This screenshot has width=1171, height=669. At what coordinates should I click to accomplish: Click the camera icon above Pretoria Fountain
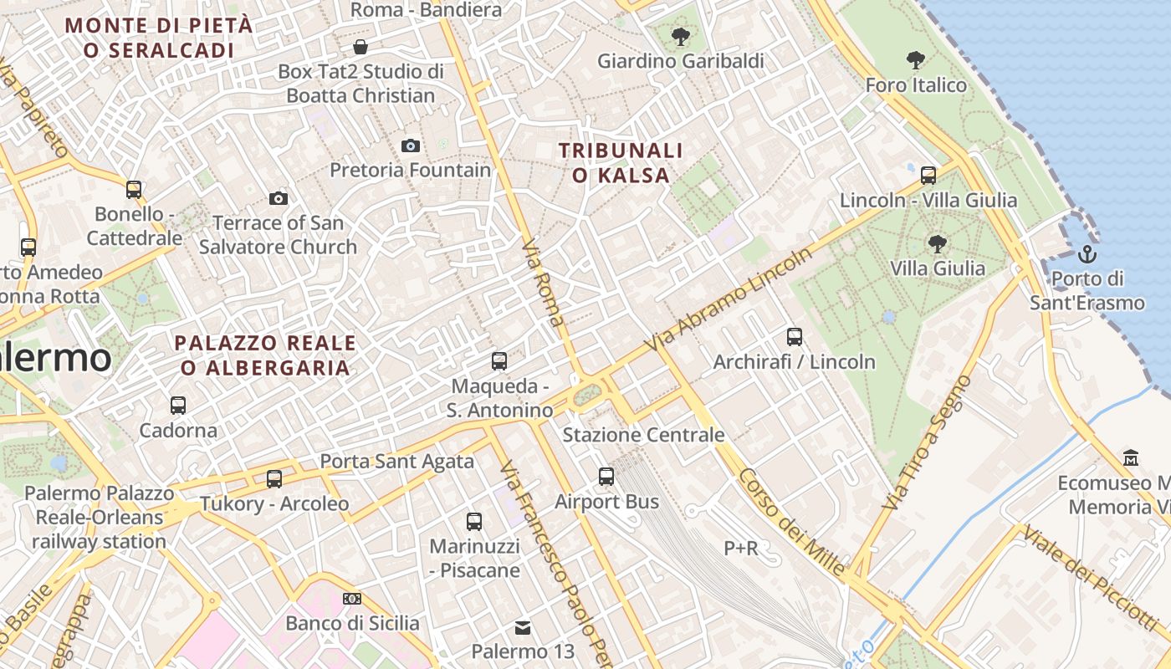pos(410,146)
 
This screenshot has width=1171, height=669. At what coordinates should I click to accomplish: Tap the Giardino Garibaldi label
pos(681,61)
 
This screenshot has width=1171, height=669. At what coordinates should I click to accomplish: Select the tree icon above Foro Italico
pos(915,60)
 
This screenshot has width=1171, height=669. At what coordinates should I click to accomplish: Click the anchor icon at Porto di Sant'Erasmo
pos(1087,253)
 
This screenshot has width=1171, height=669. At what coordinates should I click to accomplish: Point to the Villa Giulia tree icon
pos(937,243)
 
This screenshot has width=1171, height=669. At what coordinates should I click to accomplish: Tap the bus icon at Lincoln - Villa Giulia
pos(928,176)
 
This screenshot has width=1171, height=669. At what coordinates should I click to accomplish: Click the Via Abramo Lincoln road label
pos(730,299)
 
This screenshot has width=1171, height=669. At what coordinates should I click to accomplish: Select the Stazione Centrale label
pos(643,435)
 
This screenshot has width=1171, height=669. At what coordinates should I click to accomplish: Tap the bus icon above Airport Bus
pos(606,477)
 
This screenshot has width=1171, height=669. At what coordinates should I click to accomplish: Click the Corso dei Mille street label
pos(791,523)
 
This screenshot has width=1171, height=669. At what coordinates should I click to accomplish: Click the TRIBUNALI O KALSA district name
pos(621,163)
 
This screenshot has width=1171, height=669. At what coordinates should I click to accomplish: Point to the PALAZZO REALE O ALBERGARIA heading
pos(265,355)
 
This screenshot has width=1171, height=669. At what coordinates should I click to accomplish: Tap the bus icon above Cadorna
pos(178,406)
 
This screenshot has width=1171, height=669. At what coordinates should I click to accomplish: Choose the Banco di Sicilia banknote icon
pos(352,599)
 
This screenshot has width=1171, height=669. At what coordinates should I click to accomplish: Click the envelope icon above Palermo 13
pos(523,627)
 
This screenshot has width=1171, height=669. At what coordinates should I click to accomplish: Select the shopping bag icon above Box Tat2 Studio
pos(361,47)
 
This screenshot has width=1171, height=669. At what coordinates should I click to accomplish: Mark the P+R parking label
pos(740,549)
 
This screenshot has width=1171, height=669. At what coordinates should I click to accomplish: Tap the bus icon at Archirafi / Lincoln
pos(795,337)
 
